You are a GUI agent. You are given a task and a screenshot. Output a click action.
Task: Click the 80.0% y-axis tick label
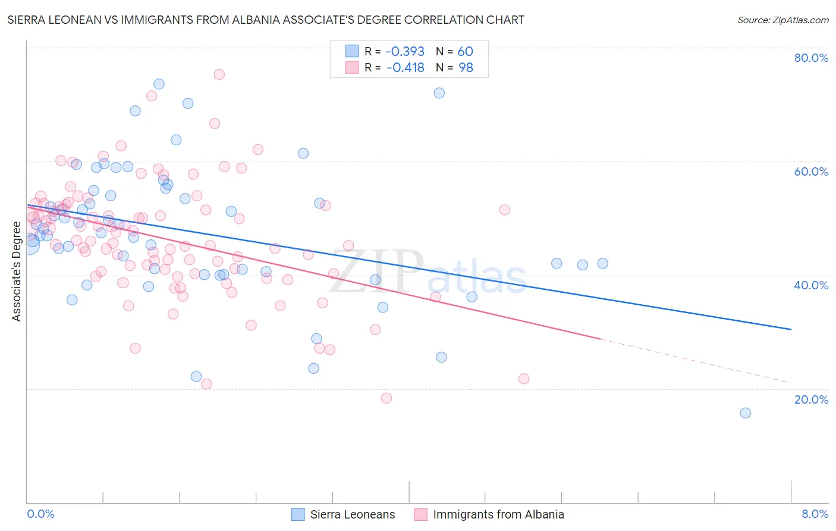pyautogui.click(x=811, y=58)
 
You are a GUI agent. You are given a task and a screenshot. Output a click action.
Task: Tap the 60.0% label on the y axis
pyautogui.click(x=811, y=171)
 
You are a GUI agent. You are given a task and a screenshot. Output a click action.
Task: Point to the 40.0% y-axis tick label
pyautogui.click(x=811, y=285)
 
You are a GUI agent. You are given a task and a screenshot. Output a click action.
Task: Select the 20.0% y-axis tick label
pyautogui.click(x=811, y=399)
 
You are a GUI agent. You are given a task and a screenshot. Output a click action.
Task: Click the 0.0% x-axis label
pyautogui.click(x=40, y=514)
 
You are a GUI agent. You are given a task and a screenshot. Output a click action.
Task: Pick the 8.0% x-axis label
pyautogui.click(x=815, y=514)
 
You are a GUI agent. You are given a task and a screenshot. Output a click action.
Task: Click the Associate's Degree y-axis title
pyautogui.click(x=17, y=271)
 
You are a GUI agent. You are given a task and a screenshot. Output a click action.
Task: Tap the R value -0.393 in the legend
pyautogui.click(x=405, y=52)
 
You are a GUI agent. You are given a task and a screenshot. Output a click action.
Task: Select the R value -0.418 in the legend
pyautogui.click(x=406, y=68)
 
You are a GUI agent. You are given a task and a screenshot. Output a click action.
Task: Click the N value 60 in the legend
pyautogui.click(x=465, y=52)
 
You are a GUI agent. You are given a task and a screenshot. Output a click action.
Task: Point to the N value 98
pyautogui.click(x=466, y=68)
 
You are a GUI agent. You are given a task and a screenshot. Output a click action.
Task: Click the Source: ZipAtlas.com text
pyautogui.click(x=782, y=20)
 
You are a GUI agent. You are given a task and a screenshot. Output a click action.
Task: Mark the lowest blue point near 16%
pyautogui.click(x=745, y=413)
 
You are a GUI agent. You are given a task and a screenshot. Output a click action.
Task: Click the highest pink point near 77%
pyautogui.click(x=219, y=74)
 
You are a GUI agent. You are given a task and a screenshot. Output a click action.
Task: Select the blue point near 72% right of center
pyautogui.click(x=439, y=93)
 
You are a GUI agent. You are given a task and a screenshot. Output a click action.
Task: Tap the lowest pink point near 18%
pyautogui.click(x=386, y=398)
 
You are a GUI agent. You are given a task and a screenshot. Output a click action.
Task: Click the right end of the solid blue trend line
pyautogui.click(x=791, y=329)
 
